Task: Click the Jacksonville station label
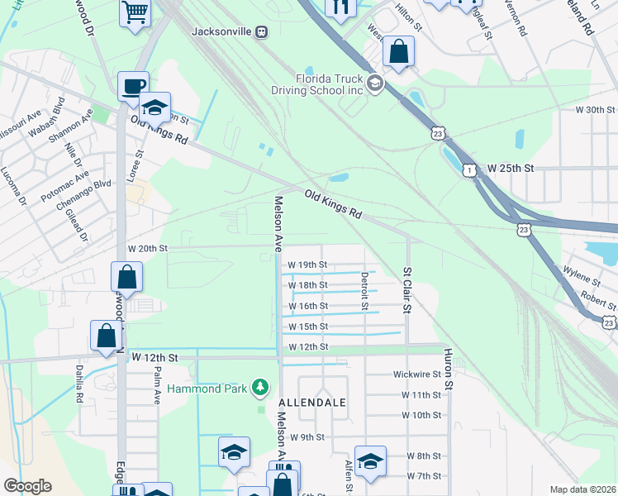tap(220, 32)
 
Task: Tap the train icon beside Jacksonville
tap(261, 32)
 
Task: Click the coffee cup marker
tap(132, 86)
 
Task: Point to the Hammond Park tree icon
tap(261, 386)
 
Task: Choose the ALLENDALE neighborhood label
tap(311, 402)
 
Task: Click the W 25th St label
tap(511, 168)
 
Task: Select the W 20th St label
tap(148, 248)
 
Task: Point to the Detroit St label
tap(364, 292)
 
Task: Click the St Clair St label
tap(406, 289)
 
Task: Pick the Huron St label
tap(449, 368)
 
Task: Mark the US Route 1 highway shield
tap(469, 169)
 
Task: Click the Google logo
tap(27, 486)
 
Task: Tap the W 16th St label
tap(308, 306)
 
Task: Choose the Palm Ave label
tap(155, 384)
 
